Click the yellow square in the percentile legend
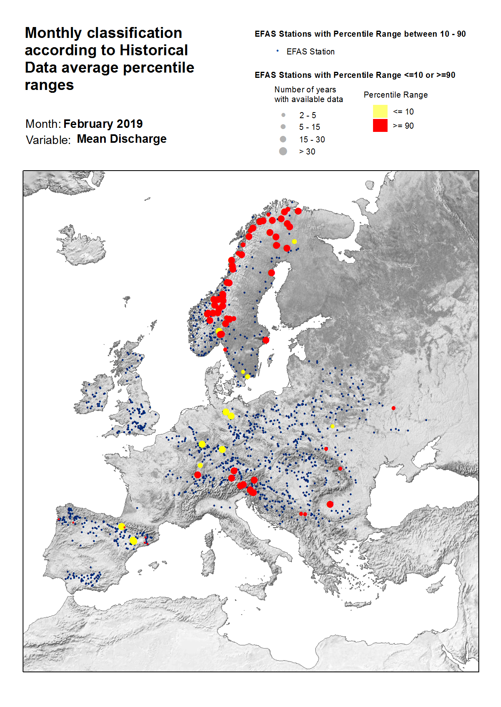380,111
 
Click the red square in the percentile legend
380,125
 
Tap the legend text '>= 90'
403,126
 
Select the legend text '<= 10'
403,112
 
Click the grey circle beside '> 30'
283,151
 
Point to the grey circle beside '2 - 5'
283,115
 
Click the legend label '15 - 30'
312,140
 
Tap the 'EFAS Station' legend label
310,52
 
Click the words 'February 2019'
103,124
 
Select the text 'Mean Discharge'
122,139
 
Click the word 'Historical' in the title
154,50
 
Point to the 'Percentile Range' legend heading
396,95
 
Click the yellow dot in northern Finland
294,242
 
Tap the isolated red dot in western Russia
393,408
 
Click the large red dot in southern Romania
330,504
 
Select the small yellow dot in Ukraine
333,426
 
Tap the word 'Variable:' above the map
48,140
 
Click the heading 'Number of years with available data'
308,94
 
